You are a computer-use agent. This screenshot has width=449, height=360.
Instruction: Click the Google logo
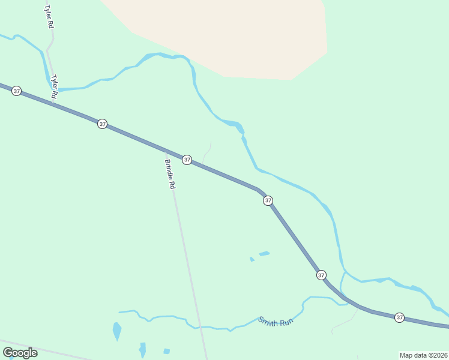click(x=20, y=353)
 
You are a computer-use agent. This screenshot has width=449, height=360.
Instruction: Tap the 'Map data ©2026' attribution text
click(x=423, y=355)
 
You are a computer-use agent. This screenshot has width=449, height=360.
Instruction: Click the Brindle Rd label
click(x=170, y=174)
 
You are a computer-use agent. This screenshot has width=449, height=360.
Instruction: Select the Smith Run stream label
click(x=276, y=322)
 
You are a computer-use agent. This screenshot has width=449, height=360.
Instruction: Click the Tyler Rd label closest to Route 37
click(x=54, y=86)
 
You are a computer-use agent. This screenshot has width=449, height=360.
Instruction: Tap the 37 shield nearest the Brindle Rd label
click(x=187, y=160)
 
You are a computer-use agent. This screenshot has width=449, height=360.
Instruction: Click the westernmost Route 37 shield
click(x=16, y=91)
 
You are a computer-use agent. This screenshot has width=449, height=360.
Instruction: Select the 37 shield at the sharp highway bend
click(x=268, y=200)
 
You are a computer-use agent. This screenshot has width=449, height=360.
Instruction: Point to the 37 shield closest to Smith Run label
click(x=321, y=275)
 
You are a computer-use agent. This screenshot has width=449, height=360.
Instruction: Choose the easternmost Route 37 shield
click(x=399, y=317)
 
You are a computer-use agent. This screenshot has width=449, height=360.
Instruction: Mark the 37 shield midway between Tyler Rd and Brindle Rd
click(x=103, y=124)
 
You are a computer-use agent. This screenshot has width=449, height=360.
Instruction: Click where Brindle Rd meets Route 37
click(x=166, y=151)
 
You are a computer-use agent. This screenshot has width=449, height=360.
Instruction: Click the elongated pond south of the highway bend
click(x=264, y=254)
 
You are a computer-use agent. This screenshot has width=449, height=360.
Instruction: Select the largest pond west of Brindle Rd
click(x=116, y=331)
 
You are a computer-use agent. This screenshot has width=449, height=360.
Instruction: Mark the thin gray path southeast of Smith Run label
click(x=344, y=324)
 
